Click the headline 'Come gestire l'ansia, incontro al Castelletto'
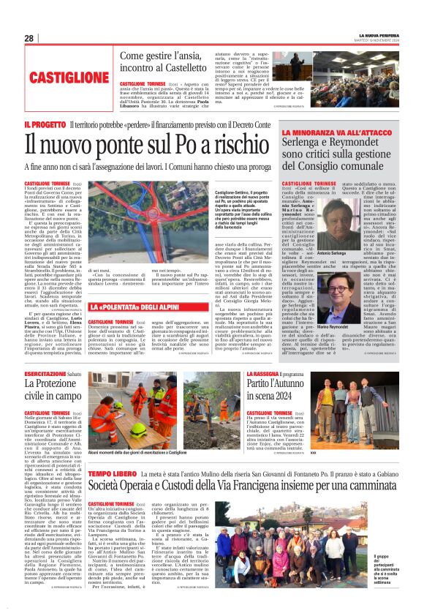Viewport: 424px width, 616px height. (164, 61)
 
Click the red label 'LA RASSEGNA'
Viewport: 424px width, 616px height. (262, 374)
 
